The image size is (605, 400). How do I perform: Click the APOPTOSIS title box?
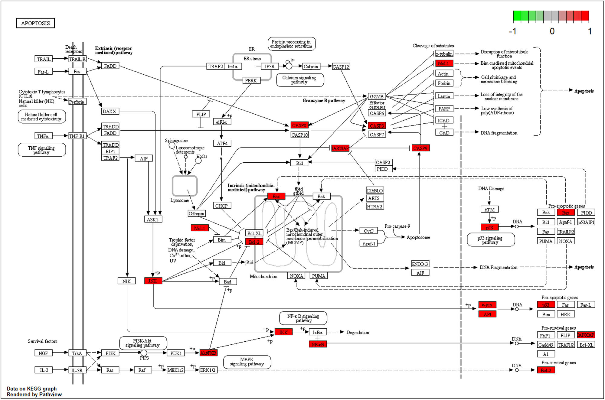pos(35,23)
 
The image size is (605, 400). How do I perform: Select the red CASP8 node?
pos(299,125)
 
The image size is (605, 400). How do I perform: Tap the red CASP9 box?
pos(420,148)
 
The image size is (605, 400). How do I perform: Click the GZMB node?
pos(377,96)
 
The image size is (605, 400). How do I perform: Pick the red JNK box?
pos(153,281)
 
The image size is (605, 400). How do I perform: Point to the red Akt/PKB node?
pos(208,353)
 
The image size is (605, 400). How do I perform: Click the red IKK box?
pos(283,332)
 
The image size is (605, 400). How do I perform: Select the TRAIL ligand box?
pos(44,59)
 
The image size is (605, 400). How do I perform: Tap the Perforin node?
pos(77,102)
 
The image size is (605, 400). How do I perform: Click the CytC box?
pos(368,231)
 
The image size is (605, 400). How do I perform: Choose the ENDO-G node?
pos(420,264)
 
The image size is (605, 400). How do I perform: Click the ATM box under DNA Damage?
pos(489,210)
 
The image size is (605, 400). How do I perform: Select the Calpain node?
pos(311,67)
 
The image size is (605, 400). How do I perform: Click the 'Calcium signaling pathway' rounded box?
pos(299,80)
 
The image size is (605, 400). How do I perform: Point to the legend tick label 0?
pos(552,31)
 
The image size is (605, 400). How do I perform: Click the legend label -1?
pos(513,31)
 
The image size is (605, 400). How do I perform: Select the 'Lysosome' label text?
pos(180,200)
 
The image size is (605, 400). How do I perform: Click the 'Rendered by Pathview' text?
pos(34,394)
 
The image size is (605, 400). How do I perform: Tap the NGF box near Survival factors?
pos(43,353)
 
